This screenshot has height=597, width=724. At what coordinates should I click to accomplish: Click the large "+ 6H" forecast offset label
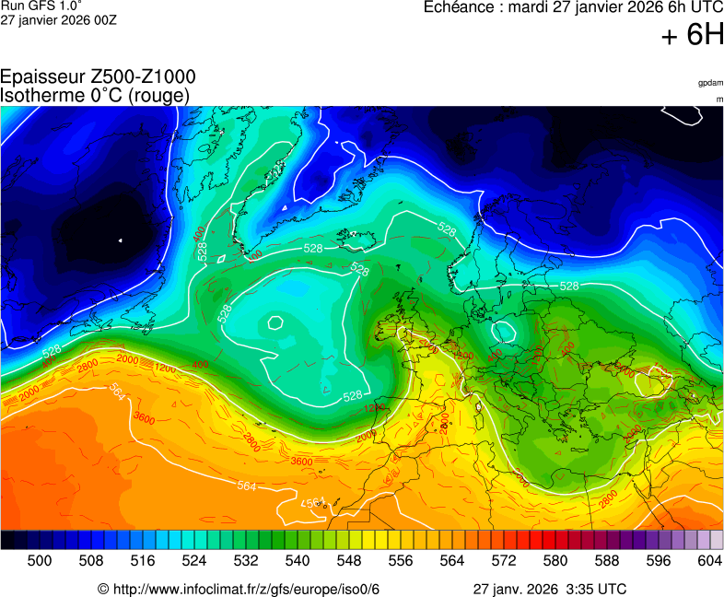coord(693,35)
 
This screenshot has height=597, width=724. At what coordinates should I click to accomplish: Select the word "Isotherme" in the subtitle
coord(39,96)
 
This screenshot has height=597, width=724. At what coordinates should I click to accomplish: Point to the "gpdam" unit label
coord(709,83)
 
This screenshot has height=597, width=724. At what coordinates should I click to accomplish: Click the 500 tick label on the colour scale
coord(40,560)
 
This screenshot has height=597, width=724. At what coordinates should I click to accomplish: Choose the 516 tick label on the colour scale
coord(143,560)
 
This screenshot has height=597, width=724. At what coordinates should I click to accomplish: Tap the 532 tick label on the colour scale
coord(246,560)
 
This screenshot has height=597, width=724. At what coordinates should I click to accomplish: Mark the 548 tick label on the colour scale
coord(349,560)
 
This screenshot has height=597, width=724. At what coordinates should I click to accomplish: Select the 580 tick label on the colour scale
coord(555,560)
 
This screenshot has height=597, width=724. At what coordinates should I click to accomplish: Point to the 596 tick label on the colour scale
coord(659,560)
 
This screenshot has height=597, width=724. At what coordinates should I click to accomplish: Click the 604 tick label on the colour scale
coord(709,560)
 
